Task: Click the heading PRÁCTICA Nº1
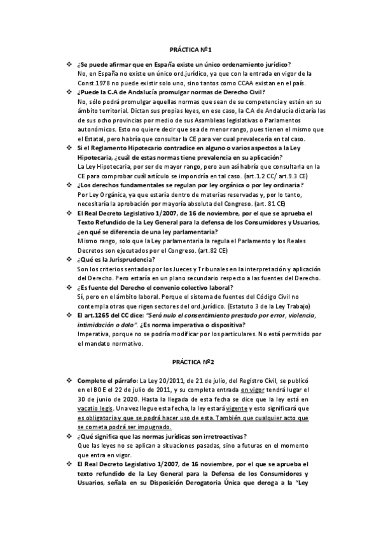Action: click(190, 48)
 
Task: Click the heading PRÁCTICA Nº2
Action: click(190, 362)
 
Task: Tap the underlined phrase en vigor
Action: click(254, 389)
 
